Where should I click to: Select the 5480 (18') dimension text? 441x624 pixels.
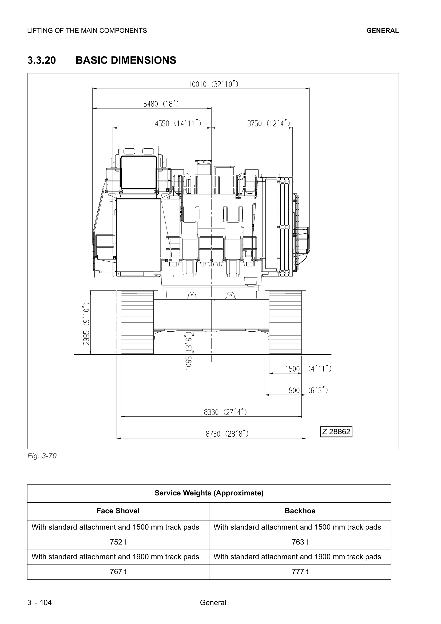pos(161,104)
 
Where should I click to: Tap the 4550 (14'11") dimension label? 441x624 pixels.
pos(178,124)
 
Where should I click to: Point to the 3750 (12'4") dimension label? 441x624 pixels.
pos(268,124)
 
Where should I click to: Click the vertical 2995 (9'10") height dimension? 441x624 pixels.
pos(86,323)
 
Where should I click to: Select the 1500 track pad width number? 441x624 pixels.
pos(292,369)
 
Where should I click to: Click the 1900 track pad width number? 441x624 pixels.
pos(292,391)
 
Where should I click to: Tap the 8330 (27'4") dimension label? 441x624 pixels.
pos(225,412)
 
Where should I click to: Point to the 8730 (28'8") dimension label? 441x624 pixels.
pos(227,434)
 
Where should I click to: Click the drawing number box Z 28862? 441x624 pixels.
pos(336,432)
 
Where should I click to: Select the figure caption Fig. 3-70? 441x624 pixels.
pos(42,456)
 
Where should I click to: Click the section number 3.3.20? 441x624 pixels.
pos(42,60)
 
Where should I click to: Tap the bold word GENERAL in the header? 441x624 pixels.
pos(382,31)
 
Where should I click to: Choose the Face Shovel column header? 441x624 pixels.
pos(118,511)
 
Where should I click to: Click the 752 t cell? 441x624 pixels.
pos(118,542)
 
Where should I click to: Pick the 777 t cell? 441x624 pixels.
pos(300,571)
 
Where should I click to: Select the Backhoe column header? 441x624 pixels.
pos(300,511)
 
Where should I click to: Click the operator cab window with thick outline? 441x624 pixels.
pos(138,172)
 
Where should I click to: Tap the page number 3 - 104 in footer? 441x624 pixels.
pos(39,603)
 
